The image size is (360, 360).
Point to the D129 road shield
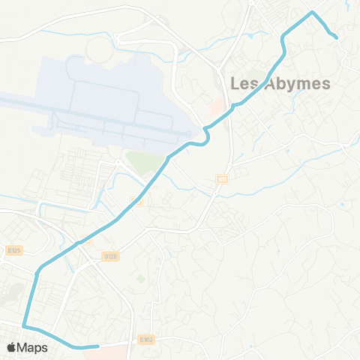[112, 256]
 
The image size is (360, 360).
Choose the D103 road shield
[146, 340]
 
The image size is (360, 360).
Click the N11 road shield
[222, 178]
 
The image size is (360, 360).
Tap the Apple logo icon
[13, 347]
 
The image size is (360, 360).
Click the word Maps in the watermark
[34, 347]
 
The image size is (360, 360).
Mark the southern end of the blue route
[97, 346]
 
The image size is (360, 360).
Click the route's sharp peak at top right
[313, 13]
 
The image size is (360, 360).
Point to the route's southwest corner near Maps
[25, 326]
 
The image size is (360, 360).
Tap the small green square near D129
[139, 279]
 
